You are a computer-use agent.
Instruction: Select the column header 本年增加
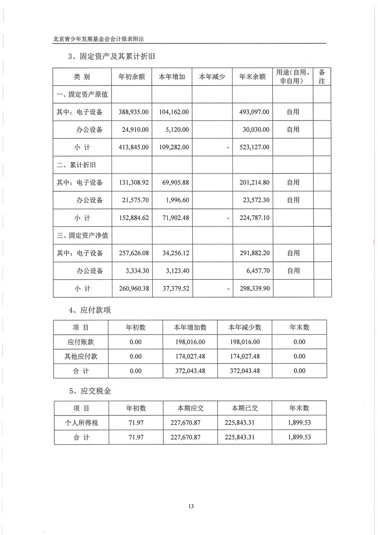point(172,77)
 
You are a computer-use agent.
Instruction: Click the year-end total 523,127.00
point(254,147)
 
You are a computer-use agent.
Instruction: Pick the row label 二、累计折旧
point(77,164)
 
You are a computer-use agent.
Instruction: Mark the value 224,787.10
point(254,218)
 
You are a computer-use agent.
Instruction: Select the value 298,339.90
point(254,288)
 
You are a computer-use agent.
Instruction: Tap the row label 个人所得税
point(82,422)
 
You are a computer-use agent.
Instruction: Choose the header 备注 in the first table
point(322,77)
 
